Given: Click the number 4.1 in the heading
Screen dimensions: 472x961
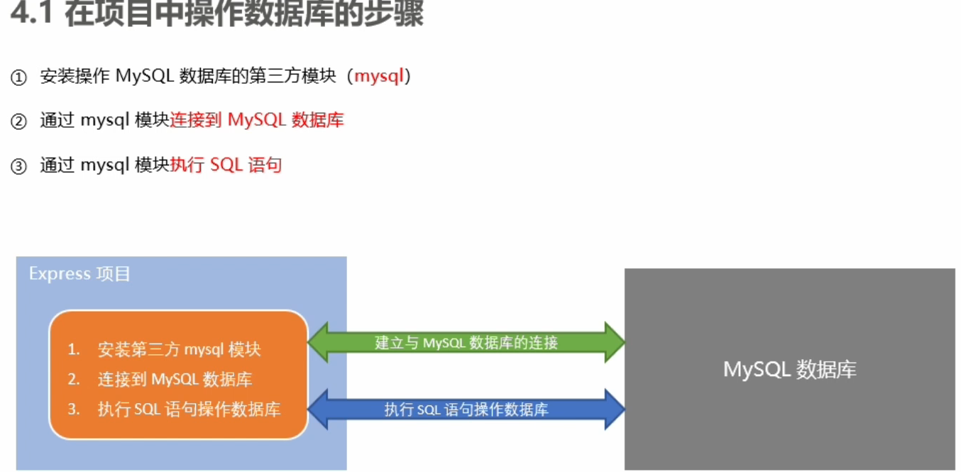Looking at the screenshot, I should tap(33, 14).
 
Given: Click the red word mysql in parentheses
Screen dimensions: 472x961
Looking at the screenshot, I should tap(379, 76).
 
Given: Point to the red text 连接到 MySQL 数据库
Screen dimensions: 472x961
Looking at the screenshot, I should tap(257, 120).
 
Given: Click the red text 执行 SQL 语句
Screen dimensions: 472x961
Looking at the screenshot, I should tap(226, 165).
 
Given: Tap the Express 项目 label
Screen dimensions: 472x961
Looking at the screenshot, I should tap(79, 274).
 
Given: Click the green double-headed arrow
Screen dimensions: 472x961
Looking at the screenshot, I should tap(466, 343).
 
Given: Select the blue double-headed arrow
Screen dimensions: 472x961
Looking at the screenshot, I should tap(466, 410).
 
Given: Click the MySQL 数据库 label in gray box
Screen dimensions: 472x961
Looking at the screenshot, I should tap(789, 369).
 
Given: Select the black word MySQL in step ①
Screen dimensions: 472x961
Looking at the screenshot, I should tap(144, 76).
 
